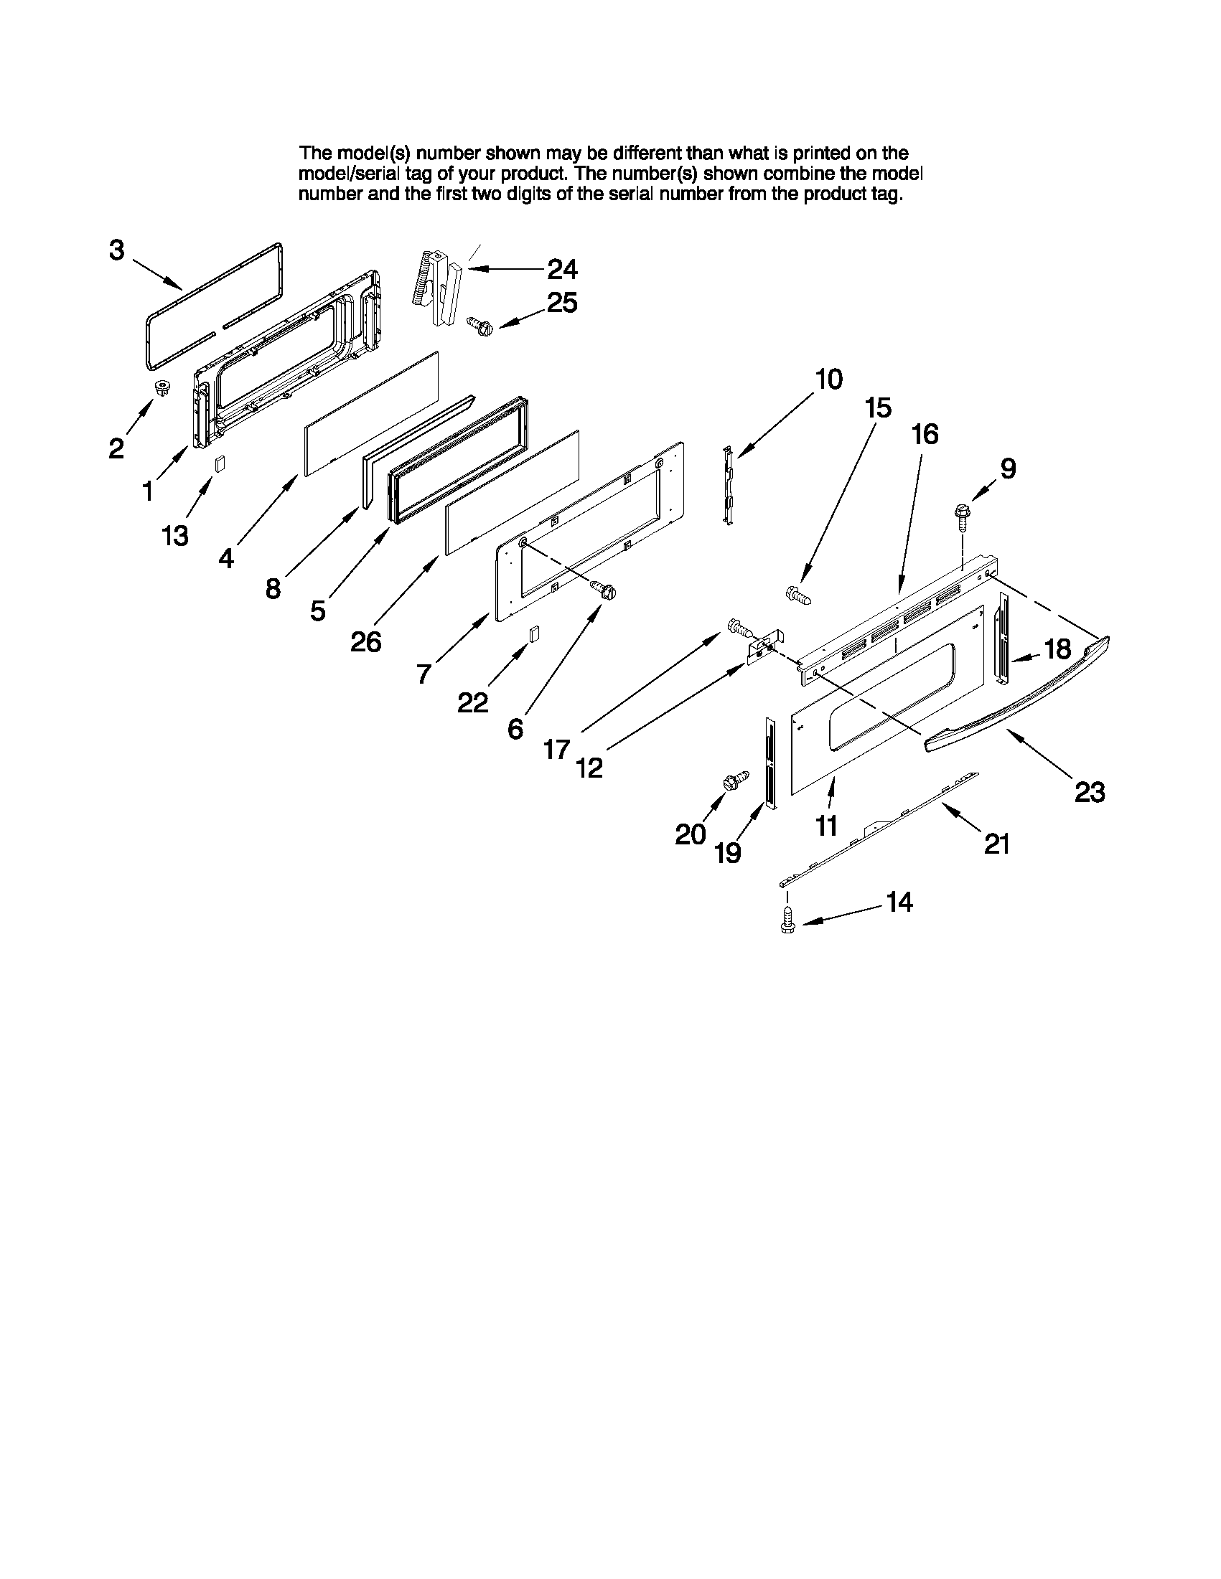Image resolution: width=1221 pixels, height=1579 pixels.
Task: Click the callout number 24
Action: tap(562, 270)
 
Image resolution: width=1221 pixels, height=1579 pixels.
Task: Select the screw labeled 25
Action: tap(479, 326)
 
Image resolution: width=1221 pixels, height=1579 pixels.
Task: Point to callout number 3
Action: tap(116, 251)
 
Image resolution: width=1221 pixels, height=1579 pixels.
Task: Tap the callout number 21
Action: tap(997, 844)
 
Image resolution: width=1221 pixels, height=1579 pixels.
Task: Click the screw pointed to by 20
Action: tap(731, 783)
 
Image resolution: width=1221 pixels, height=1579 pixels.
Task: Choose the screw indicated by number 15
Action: tap(800, 596)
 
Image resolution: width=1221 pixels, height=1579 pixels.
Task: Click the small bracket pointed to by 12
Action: tap(763, 648)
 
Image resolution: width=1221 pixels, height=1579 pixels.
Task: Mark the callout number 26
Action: tap(366, 641)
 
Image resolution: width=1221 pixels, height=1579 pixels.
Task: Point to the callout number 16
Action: tap(925, 434)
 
